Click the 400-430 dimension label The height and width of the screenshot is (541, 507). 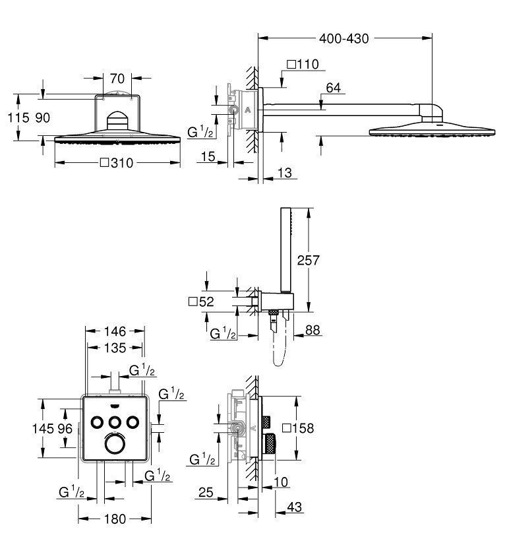[x=343, y=38]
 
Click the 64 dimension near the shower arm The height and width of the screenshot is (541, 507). [x=333, y=87]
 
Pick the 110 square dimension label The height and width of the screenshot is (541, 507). [x=303, y=64]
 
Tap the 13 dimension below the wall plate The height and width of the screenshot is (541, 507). [x=285, y=172]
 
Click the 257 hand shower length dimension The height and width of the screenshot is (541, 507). [x=308, y=260]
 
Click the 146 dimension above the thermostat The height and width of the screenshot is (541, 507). [x=115, y=331]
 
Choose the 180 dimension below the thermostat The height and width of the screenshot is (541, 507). [x=115, y=519]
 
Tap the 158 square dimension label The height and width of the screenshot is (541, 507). [x=297, y=428]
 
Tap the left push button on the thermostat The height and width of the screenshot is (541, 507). [x=97, y=422]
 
